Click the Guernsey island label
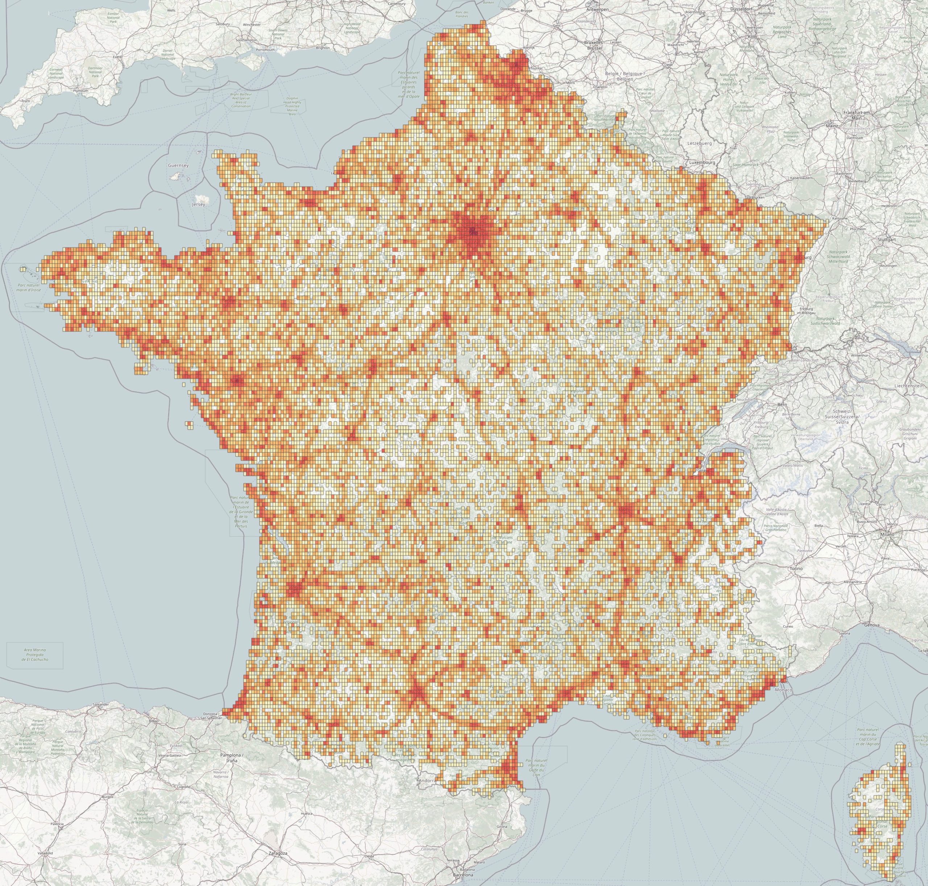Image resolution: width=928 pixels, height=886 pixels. (x=178, y=166)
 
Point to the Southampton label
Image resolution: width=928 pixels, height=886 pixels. (x=247, y=40)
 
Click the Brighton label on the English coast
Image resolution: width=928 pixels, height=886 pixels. (x=323, y=48)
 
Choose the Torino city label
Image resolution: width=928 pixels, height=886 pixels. (x=796, y=569)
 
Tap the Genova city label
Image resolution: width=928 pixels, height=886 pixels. (x=872, y=625)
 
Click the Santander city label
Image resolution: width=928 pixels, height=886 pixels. (x=101, y=704)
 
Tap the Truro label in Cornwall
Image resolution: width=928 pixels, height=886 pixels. (x=25, y=100)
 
